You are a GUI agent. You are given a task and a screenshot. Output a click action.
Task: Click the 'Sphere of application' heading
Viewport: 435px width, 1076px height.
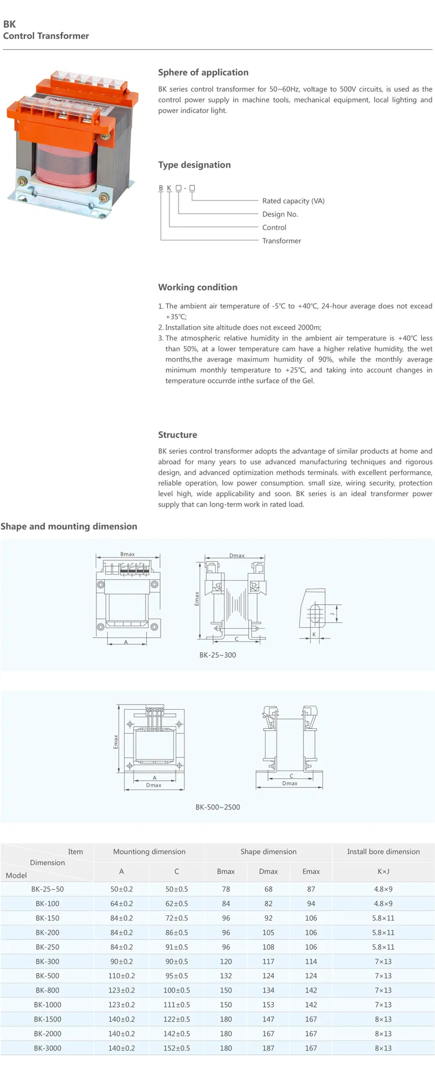click(203, 72)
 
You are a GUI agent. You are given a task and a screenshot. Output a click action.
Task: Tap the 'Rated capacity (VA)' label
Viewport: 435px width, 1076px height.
click(293, 201)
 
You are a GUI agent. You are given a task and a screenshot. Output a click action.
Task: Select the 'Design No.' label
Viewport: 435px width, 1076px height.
click(280, 214)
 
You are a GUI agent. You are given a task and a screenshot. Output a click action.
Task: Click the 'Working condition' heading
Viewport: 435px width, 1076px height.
click(198, 287)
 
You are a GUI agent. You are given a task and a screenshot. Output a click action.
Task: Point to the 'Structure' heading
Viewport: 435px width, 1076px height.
click(177, 435)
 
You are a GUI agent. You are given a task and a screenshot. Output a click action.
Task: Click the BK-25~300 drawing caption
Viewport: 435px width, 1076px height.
click(217, 655)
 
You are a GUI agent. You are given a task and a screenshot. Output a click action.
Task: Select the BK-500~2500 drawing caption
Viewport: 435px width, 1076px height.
click(217, 807)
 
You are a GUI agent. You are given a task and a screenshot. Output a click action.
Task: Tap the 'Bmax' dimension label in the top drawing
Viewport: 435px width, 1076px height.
click(128, 555)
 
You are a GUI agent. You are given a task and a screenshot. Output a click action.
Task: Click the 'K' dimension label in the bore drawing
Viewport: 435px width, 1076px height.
click(314, 634)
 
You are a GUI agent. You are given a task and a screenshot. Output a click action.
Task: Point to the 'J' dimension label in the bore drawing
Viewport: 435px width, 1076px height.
click(332, 613)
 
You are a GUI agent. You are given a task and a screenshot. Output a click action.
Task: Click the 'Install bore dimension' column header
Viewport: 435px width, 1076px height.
click(383, 852)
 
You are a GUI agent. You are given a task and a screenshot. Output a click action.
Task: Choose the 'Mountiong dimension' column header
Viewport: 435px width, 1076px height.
click(149, 852)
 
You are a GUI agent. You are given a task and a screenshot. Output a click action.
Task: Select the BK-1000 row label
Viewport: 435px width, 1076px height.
click(48, 1005)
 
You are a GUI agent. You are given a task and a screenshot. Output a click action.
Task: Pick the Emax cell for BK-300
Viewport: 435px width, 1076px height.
click(311, 961)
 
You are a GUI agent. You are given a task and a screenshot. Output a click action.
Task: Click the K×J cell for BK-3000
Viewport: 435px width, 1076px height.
click(383, 1048)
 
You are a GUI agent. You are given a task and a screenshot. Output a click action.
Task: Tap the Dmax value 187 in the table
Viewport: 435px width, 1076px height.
click(268, 1048)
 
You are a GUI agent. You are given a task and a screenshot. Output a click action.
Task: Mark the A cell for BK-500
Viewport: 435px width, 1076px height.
click(121, 976)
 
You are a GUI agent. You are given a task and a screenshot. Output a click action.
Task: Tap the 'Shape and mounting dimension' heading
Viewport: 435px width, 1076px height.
click(69, 527)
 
